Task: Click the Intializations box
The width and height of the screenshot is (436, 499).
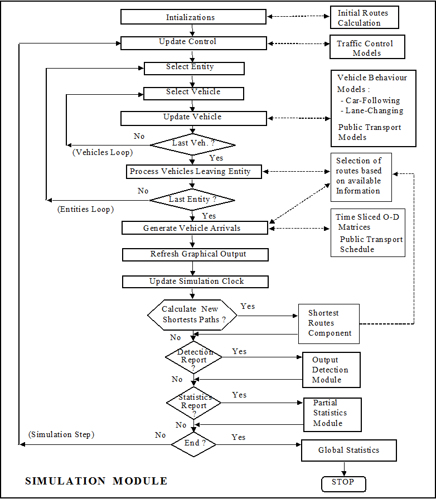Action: point(193,17)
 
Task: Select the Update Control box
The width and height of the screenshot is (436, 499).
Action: point(193,42)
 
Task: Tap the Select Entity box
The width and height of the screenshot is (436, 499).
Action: point(193,67)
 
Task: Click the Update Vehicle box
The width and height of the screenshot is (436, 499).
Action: point(193,118)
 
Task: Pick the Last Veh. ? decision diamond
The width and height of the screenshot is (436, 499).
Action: point(193,144)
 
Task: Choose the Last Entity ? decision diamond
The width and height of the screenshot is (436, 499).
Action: point(193,200)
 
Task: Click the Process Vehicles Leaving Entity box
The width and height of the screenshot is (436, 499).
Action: point(193,172)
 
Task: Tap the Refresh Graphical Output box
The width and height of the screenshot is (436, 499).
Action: point(195,254)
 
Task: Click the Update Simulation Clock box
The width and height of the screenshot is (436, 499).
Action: point(195,282)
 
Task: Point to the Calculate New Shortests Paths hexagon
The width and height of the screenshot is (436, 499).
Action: point(192,315)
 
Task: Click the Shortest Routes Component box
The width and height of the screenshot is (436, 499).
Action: point(329,323)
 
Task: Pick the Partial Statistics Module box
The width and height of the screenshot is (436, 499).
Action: point(332,413)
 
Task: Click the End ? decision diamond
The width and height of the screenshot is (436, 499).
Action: point(193,444)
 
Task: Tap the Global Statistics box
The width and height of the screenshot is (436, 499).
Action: point(348,450)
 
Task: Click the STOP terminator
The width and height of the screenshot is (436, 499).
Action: point(343,482)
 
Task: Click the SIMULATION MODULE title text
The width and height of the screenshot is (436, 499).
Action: point(96,481)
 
